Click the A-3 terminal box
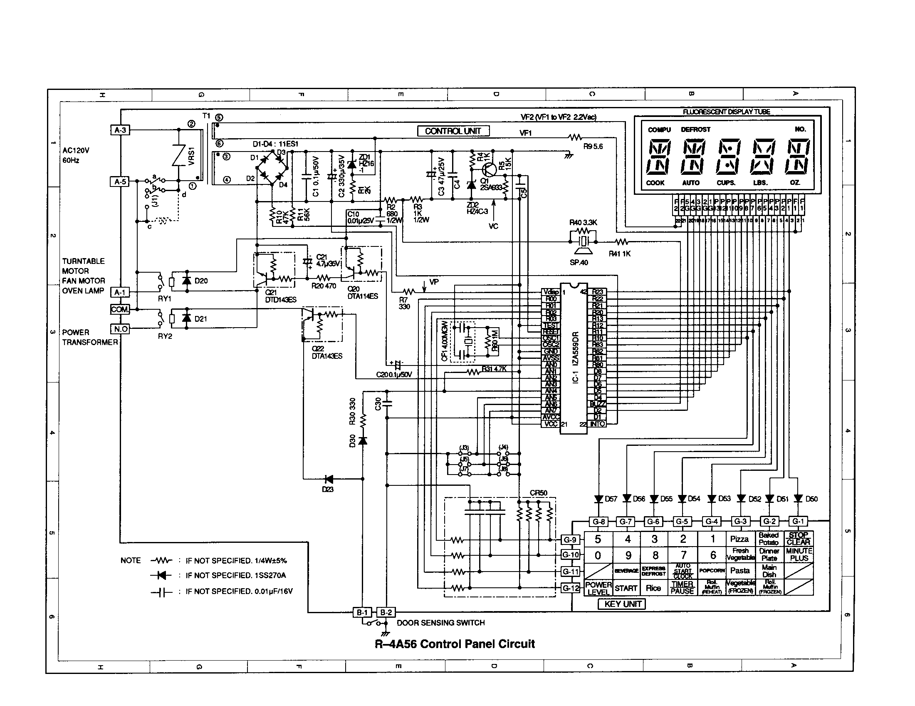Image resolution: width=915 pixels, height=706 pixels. [120, 130]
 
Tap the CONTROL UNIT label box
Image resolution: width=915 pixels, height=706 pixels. [453, 131]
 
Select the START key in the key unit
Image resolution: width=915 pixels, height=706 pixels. [626, 588]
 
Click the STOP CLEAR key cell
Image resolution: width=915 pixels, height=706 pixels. [799, 539]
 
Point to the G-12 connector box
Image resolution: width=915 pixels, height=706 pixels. [571, 588]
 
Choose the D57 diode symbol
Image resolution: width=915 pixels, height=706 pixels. [598, 499]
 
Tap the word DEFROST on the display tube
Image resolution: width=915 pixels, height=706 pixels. [695, 129]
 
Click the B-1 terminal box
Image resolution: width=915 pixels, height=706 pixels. [362, 612]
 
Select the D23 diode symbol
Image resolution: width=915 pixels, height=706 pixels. [329, 479]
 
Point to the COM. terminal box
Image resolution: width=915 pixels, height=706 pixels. [120, 309]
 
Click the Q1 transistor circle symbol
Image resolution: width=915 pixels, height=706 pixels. [489, 169]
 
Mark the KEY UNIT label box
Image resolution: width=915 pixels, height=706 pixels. [623, 604]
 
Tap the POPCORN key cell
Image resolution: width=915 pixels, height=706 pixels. [712, 571]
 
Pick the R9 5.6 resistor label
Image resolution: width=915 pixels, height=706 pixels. [592, 146]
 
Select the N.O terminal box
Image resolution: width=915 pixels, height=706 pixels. [120, 329]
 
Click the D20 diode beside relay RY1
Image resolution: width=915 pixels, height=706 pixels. [187, 281]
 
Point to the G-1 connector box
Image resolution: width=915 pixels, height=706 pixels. [798, 521]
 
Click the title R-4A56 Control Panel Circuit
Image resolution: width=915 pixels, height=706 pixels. [455, 644]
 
